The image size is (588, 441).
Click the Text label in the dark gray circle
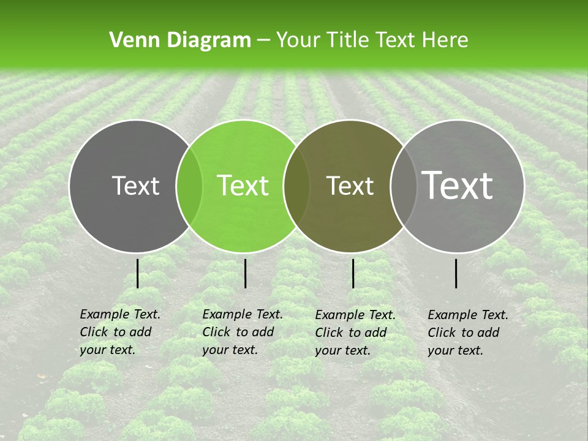135,186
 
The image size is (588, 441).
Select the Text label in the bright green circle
243,186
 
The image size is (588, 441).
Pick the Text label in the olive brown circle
350,186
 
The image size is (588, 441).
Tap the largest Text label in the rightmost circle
457,185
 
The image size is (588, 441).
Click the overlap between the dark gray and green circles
189,186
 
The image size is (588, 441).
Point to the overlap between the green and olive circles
296,186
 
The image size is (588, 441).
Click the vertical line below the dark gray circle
138,273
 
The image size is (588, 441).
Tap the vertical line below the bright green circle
245,273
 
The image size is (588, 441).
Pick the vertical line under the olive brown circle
353,273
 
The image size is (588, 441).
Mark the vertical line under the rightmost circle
456,273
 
